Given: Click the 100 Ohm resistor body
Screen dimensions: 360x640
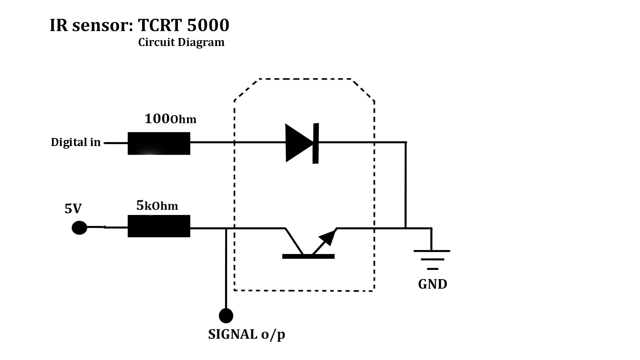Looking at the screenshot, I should [x=159, y=143].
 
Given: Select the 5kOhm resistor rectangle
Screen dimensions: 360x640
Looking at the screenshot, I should [x=159, y=226].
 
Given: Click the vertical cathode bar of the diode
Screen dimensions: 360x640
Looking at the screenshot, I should [x=315, y=143].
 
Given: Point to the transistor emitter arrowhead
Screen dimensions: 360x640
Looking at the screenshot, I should [x=328, y=237].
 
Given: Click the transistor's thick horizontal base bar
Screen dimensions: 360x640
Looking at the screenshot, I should [x=308, y=256].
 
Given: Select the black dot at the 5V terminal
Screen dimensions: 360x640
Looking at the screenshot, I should [x=79, y=228].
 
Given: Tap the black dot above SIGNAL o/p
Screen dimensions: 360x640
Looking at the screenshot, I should [x=226, y=315].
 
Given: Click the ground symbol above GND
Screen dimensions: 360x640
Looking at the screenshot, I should [x=432, y=259].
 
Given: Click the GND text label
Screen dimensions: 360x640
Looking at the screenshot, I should [x=432, y=284].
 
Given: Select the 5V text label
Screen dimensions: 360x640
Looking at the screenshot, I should [x=73, y=209].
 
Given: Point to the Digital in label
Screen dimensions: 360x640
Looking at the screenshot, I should [x=76, y=142].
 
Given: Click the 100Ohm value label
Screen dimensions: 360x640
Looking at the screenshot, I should [x=170, y=119].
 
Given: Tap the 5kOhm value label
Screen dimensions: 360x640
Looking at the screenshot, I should [x=157, y=206].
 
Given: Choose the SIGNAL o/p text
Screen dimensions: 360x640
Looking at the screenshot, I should [x=247, y=334].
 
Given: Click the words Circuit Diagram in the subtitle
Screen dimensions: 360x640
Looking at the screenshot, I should [x=181, y=42].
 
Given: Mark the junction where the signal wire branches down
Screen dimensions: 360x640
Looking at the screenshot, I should [x=226, y=228].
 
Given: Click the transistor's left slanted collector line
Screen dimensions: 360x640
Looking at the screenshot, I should [x=294, y=241].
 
